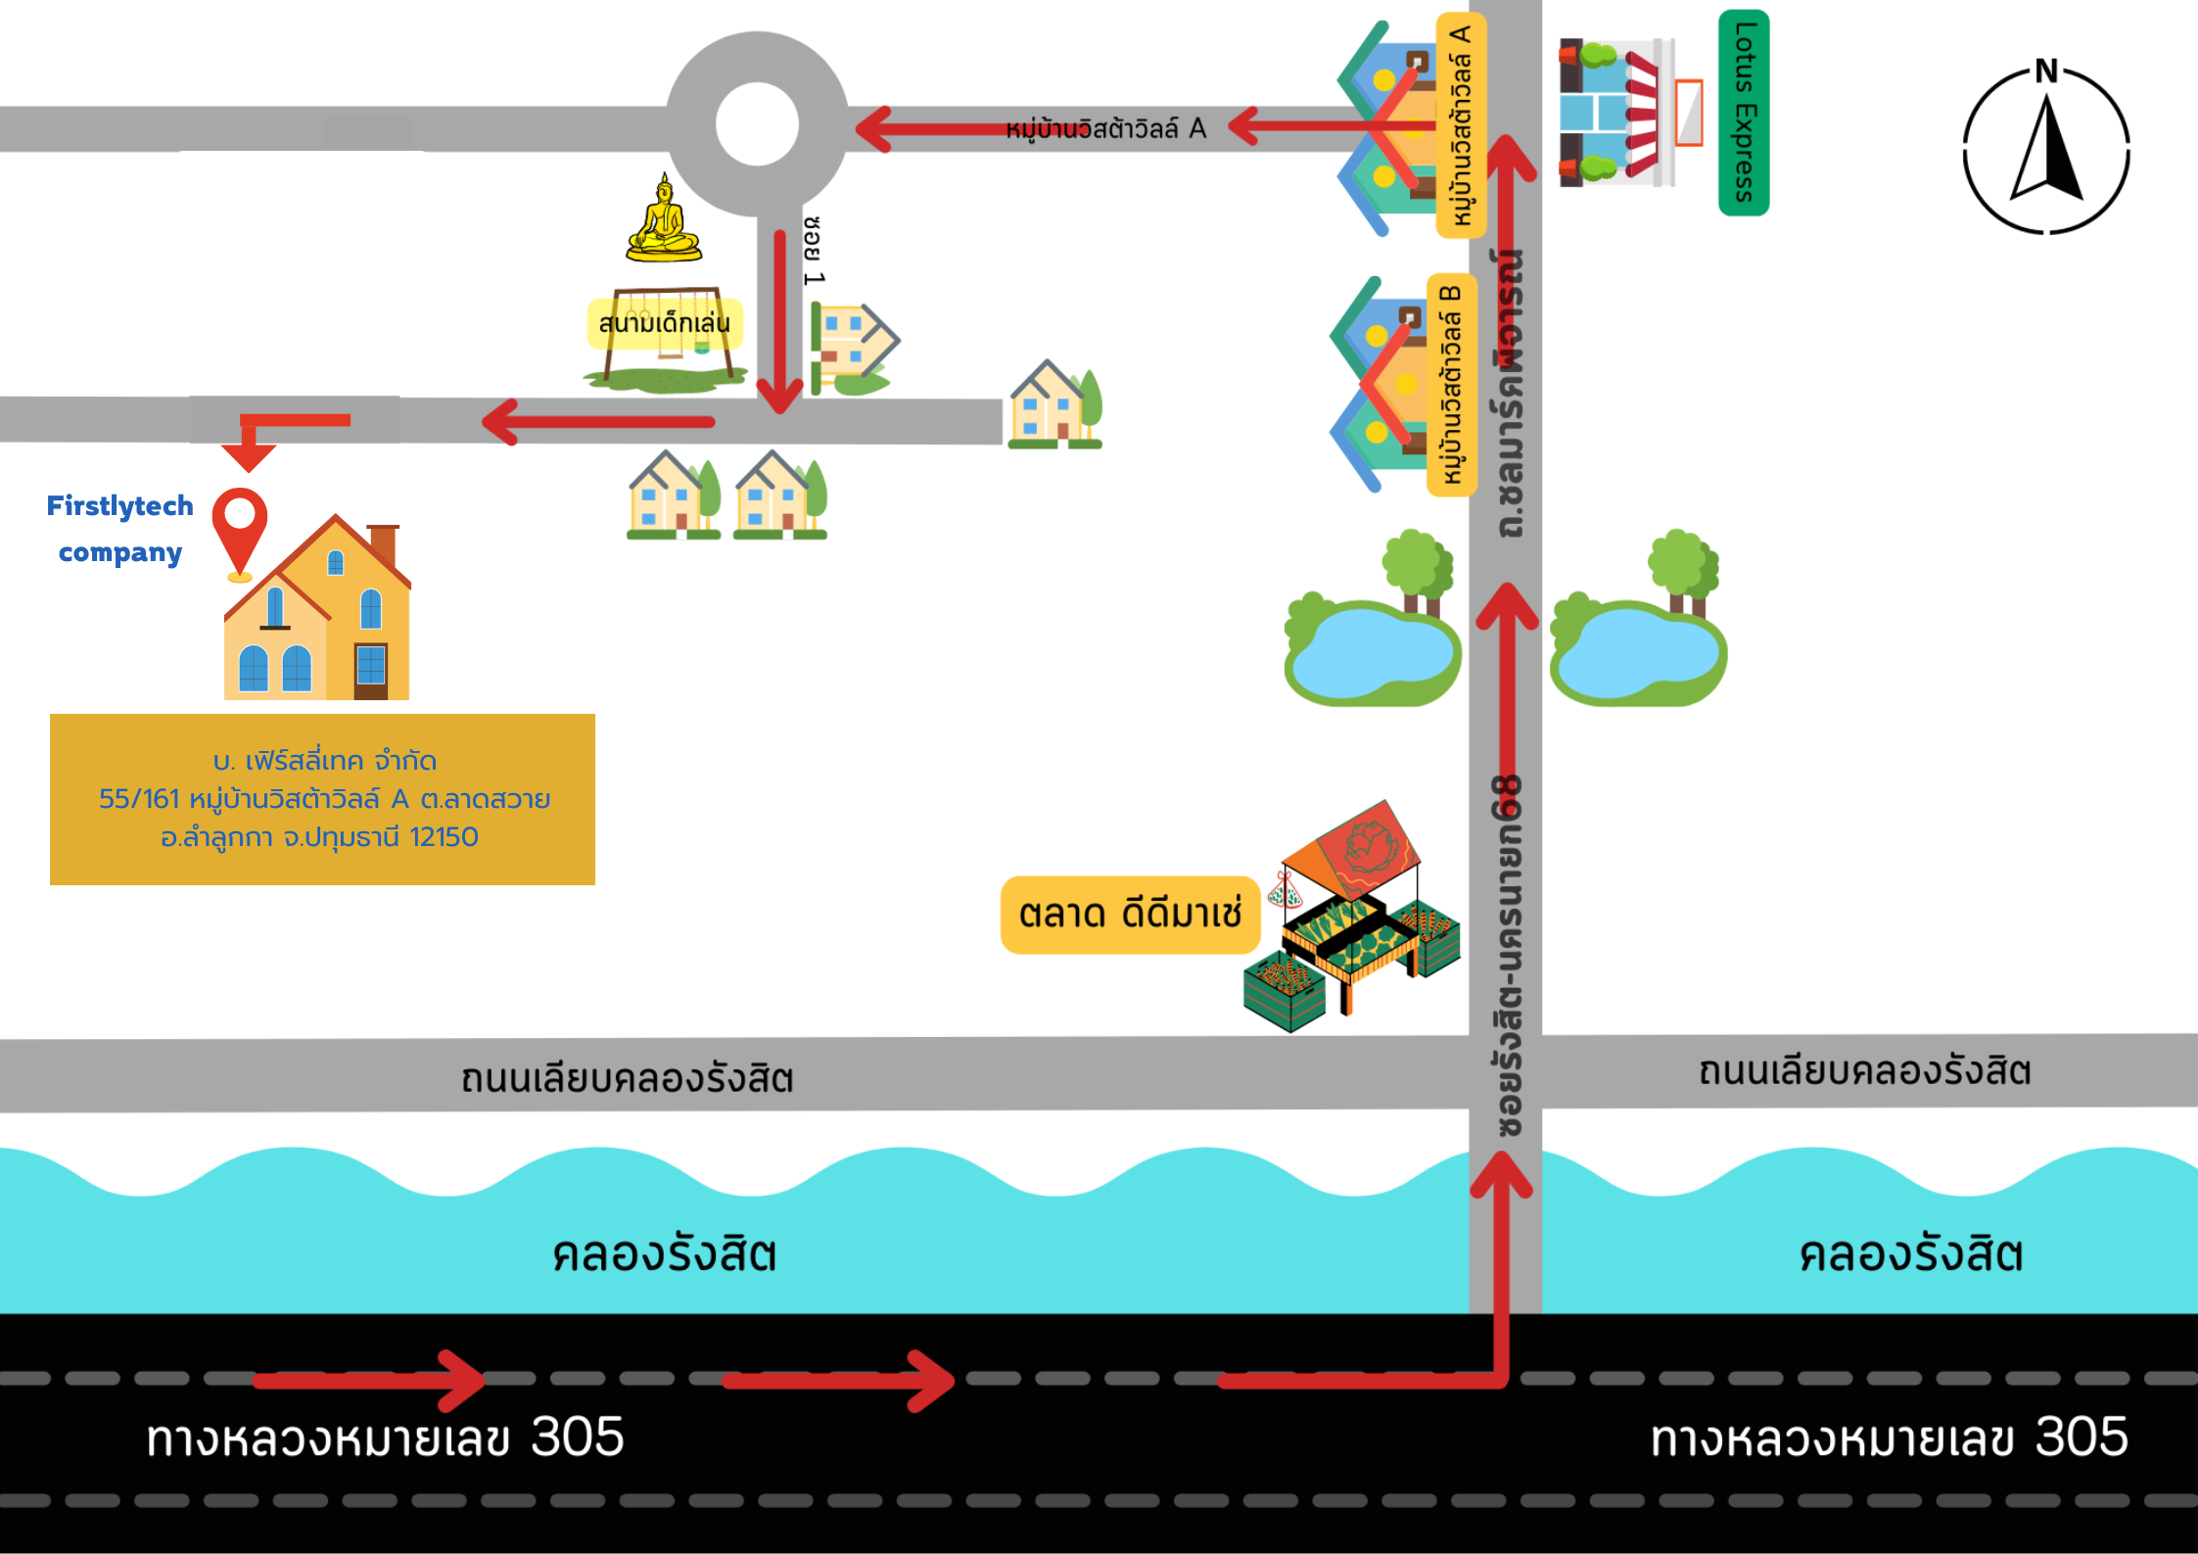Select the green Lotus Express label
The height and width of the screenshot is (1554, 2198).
(1744, 112)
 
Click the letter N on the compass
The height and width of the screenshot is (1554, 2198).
(2045, 71)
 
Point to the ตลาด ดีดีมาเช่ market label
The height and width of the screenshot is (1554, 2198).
(1130, 914)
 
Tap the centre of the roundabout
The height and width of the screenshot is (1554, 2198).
(757, 124)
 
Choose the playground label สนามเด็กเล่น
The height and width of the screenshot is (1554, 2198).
(665, 323)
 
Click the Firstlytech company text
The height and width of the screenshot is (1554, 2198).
(120, 529)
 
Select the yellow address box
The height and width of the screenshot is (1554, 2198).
(322, 799)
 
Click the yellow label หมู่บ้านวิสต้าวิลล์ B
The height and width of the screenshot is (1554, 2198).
(1452, 384)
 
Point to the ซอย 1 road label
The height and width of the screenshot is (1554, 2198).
(814, 252)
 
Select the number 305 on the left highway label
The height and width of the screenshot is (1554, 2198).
(578, 1436)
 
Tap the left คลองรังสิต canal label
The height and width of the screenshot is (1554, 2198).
(664, 1254)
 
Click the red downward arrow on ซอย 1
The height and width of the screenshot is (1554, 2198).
(780, 323)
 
